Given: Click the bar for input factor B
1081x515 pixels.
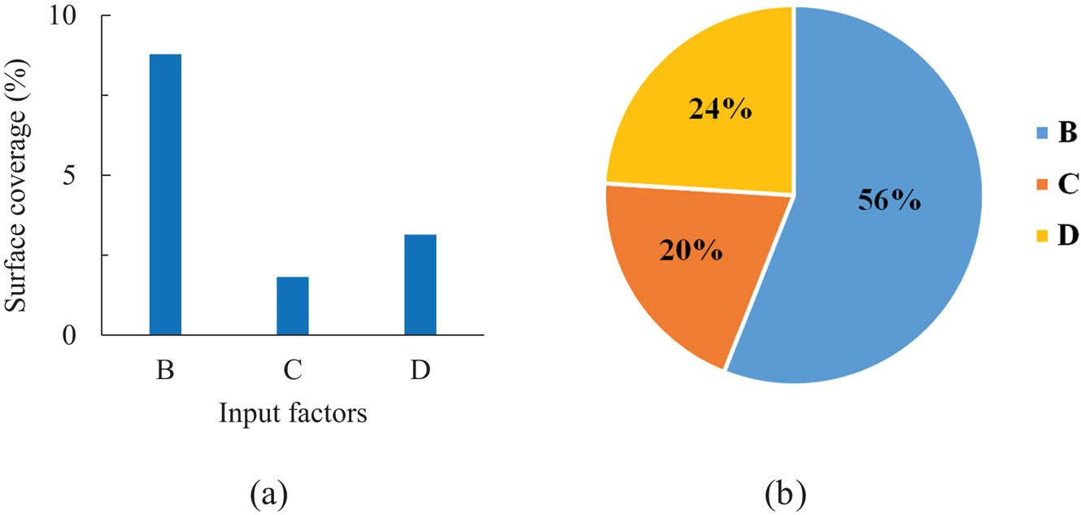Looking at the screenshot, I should pos(165,194).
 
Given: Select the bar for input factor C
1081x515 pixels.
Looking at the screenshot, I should pos(293,306).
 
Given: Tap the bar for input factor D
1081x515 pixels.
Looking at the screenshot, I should pos(420,285).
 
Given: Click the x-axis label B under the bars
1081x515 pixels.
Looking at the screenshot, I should pos(165,371).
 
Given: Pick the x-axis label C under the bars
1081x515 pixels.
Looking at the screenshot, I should pos(293,371).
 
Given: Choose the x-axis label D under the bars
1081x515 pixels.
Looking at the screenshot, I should pos(420,371).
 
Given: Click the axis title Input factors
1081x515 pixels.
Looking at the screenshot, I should pos(293,414).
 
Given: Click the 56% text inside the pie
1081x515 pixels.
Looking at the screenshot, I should pos(889,199).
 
